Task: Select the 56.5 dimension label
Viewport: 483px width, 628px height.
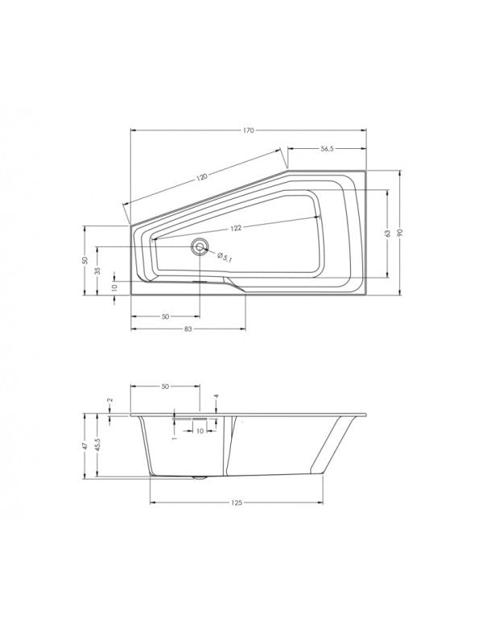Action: click(x=327, y=149)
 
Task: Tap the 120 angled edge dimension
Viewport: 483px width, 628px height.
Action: click(x=201, y=176)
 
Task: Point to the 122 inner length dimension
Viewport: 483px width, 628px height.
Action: click(x=235, y=228)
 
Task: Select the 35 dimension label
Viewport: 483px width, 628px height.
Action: click(x=97, y=271)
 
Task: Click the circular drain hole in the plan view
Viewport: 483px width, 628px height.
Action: click(x=199, y=247)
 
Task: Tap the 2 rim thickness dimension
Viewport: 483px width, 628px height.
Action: click(x=109, y=400)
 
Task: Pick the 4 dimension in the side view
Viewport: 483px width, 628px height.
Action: click(x=217, y=396)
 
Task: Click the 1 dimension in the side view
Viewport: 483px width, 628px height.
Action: click(x=174, y=438)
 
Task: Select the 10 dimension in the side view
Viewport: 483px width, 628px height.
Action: click(x=199, y=432)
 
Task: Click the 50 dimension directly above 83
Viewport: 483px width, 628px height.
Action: click(x=164, y=316)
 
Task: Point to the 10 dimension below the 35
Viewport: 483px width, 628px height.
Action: click(x=114, y=287)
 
